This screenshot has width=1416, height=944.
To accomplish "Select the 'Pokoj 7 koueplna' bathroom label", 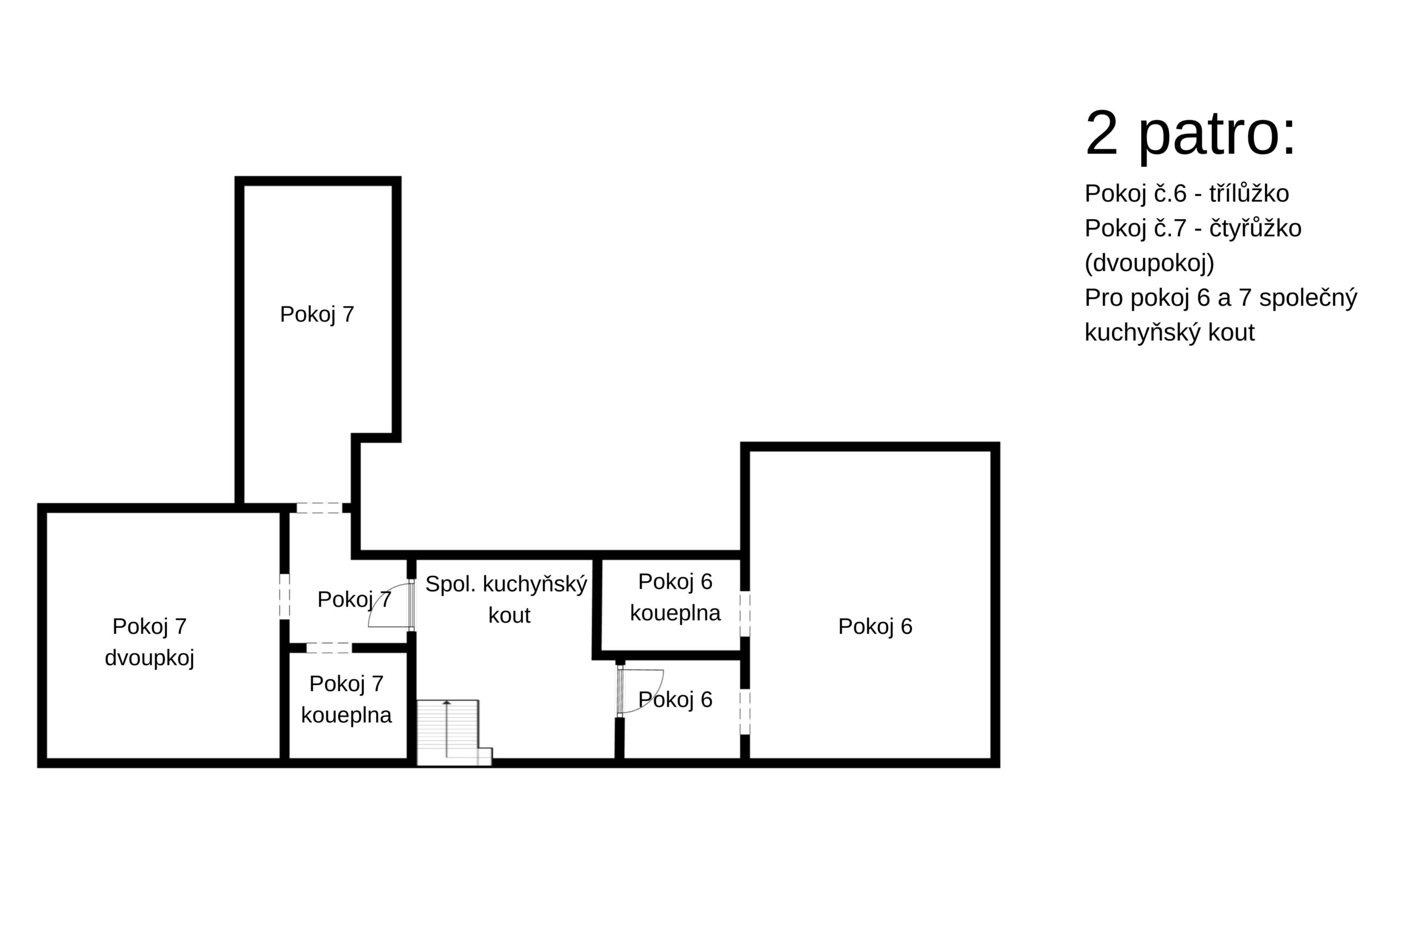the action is tap(346, 700).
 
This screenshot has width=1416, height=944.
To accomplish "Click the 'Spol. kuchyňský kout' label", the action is tap(506, 599).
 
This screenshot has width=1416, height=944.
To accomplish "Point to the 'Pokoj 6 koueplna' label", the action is tap(675, 597).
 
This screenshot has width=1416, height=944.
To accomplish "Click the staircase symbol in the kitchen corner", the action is tap(455, 733).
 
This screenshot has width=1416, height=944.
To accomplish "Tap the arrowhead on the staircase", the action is tap(447, 702).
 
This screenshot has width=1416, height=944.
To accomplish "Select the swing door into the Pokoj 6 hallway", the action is tap(640, 691).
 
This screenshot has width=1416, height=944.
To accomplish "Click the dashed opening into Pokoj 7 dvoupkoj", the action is tap(284, 596).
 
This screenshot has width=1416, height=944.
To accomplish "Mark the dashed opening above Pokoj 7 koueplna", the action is tap(329, 648).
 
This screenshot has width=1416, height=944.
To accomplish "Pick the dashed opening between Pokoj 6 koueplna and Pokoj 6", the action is tap(745, 613).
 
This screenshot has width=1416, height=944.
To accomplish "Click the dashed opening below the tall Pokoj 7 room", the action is tap(319, 508).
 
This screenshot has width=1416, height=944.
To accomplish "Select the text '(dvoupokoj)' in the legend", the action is tap(1149, 263).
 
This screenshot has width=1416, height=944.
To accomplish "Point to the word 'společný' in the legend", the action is tap(1308, 298).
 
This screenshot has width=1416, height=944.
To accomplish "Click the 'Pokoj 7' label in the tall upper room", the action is tap(317, 314).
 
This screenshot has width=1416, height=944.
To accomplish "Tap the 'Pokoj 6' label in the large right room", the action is tap(874, 627).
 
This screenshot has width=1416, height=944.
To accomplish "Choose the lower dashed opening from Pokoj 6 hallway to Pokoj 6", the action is tap(745, 712).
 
